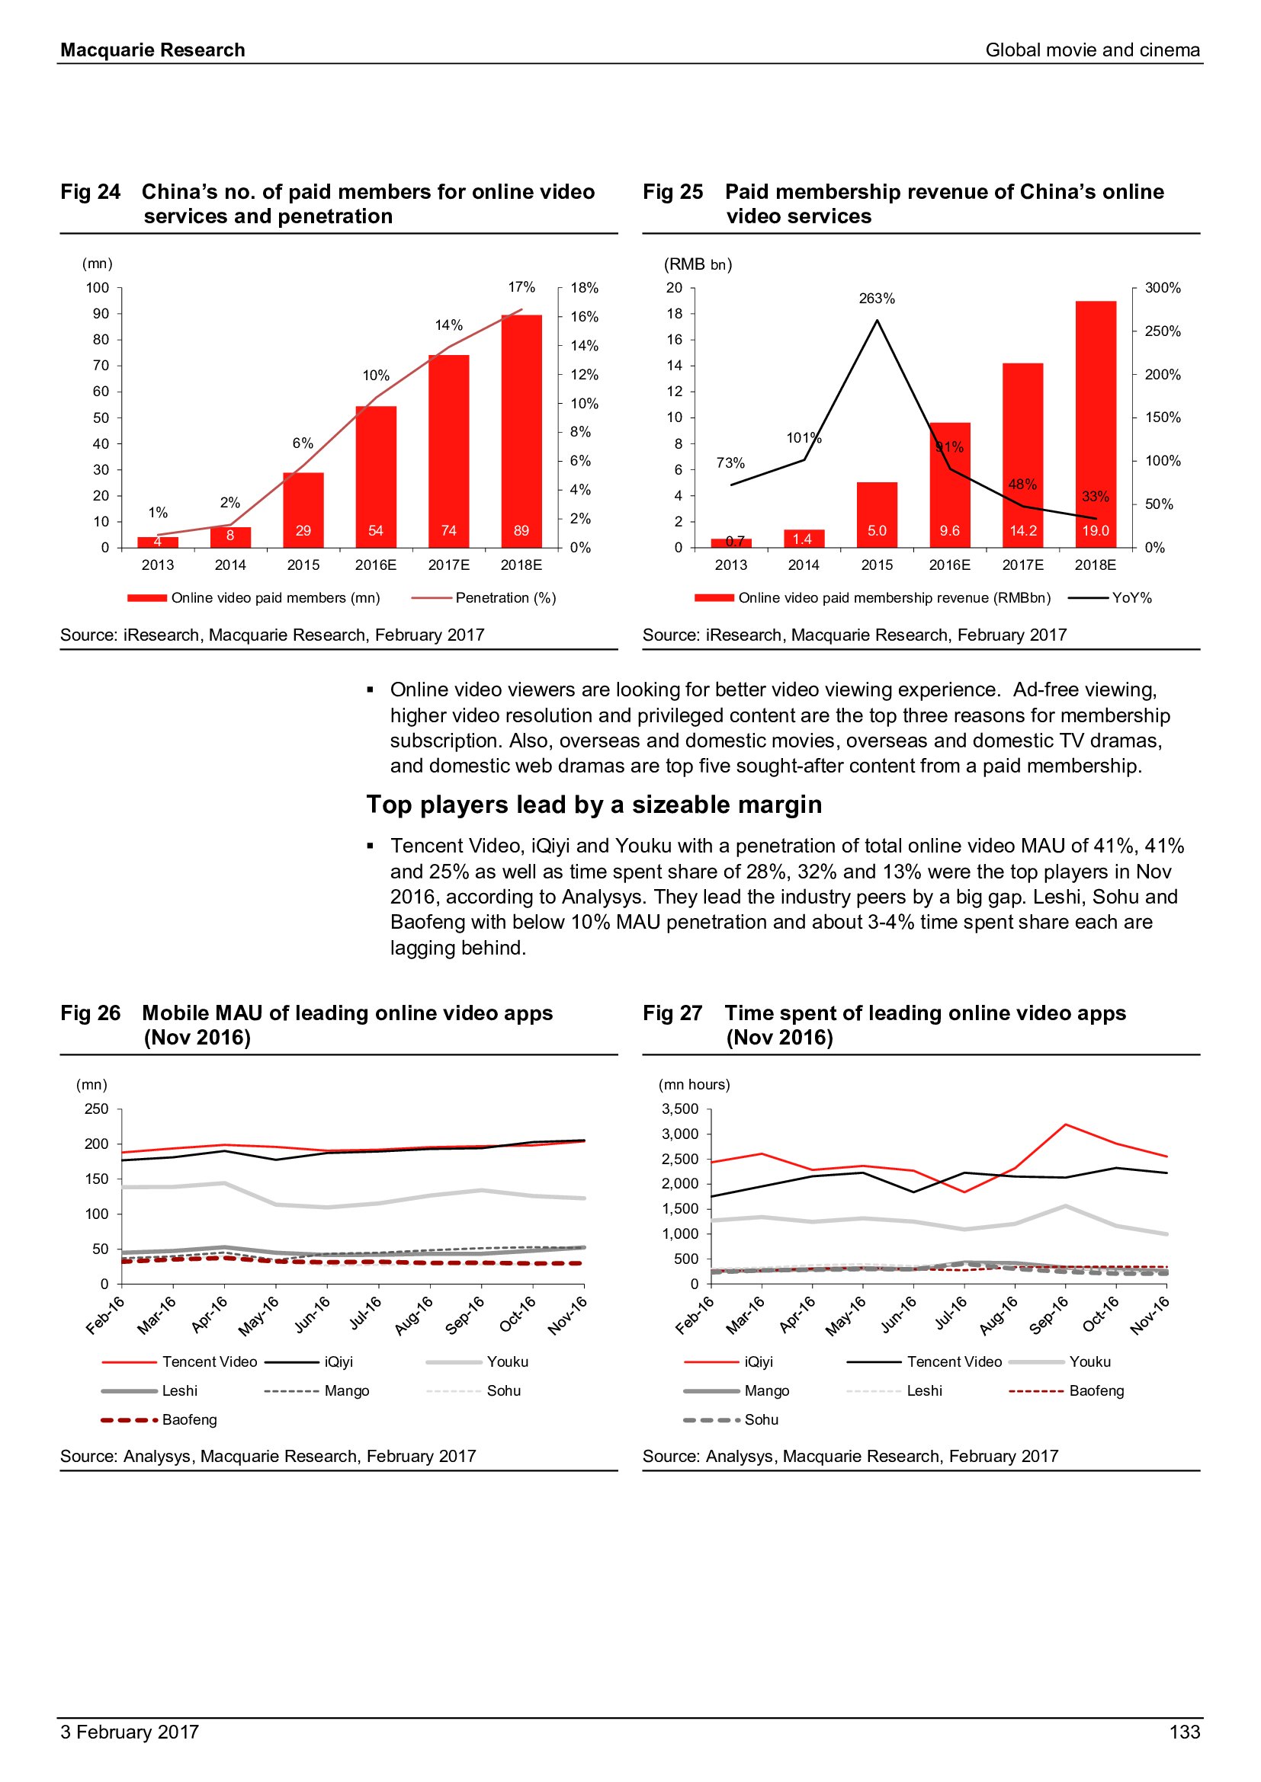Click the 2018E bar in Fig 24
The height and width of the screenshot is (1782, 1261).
coord(521,430)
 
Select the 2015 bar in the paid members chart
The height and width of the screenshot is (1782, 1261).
coord(303,509)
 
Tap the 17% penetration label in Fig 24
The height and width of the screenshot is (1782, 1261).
coord(521,287)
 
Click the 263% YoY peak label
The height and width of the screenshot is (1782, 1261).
coord(877,299)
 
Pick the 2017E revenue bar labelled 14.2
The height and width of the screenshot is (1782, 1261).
coord(1022,455)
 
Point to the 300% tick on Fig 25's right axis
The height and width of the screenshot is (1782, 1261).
coord(1163,288)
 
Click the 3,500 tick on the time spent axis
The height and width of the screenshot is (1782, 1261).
coord(680,1109)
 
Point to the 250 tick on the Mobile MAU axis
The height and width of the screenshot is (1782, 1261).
coord(97,1109)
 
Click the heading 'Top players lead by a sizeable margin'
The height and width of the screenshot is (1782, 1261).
coord(594,805)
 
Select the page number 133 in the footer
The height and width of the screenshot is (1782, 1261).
coord(1184,1732)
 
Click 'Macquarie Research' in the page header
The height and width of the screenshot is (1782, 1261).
coord(153,50)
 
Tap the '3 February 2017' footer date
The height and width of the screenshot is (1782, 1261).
coord(130,1732)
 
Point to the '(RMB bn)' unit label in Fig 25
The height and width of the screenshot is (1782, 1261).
coord(698,264)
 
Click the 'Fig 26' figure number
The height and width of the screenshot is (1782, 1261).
coord(91,1013)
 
